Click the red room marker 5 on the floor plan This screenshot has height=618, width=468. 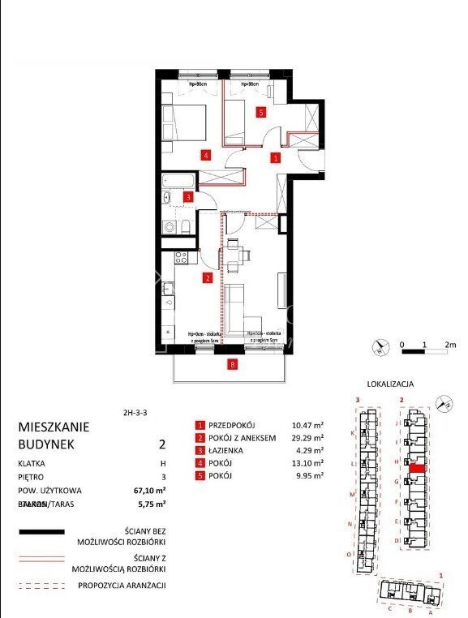pos(260,113)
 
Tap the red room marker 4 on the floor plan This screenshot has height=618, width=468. pos(206,155)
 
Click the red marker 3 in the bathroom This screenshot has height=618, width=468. pos(188,196)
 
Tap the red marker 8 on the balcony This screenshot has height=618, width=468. pos(234,364)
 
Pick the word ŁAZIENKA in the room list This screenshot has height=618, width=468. pos(228,450)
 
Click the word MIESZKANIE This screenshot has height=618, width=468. pos(54,427)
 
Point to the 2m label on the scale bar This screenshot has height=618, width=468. pos(451,345)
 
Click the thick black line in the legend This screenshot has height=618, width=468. pos(41,531)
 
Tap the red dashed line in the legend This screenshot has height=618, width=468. pos(41,585)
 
